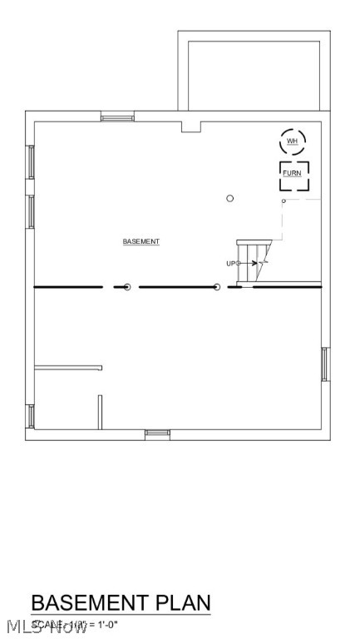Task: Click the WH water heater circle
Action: click(x=292, y=141)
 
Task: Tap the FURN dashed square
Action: click(x=293, y=176)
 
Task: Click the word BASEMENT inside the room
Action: click(x=141, y=241)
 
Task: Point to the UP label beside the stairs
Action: click(x=231, y=264)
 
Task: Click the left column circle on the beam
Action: click(x=127, y=287)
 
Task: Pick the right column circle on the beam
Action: click(x=217, y=287)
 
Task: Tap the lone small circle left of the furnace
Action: click(x=230, y=198)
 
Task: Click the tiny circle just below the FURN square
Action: click(x=284, y=201)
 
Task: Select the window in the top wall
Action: click(x=117, y=117)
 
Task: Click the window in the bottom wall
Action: click(x=157, y=433)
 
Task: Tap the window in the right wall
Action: click(x=324, y=364)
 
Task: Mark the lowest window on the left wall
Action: click(x=31, y=415)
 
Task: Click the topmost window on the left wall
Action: click(x=31, y=161)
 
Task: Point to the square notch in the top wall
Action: click(x=191, y=127)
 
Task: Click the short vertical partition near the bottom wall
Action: click(x=101, y=412)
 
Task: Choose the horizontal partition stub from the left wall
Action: click(x=68, y=367)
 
